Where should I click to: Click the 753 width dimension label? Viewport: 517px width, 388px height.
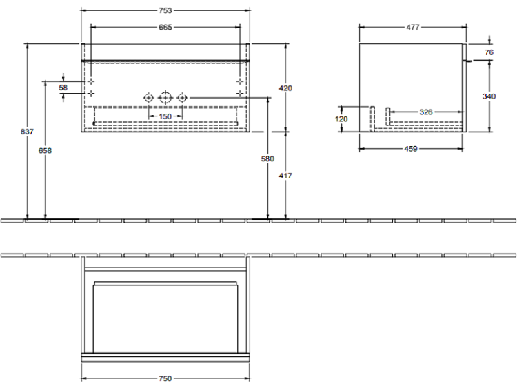(165, 10)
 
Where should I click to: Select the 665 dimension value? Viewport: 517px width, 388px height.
(165, 28)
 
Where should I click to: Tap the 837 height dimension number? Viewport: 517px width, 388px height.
(27, 132)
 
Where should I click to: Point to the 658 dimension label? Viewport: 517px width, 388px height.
(45, 151)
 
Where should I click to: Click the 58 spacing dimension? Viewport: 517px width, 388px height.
(63, 88)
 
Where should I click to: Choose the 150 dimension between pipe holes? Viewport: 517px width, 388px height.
(165, 116)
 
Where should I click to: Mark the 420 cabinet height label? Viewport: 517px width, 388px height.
(285, 88)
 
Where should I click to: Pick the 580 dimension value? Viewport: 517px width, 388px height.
(267, 159)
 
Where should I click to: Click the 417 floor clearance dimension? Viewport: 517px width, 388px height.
(285, 176)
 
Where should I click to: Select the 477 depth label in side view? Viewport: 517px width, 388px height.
(412, 28)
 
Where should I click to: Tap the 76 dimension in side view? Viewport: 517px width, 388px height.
(489, 52)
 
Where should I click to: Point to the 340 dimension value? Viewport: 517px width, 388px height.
(489, 96)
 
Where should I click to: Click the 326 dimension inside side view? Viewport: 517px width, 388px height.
(426, 112)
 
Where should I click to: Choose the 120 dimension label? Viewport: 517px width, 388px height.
(341, 119)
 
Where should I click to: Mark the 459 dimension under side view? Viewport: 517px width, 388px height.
(411, 149)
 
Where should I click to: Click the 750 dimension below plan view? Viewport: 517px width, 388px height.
(165, 378)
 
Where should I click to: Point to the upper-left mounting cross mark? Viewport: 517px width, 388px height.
(91, 81)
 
